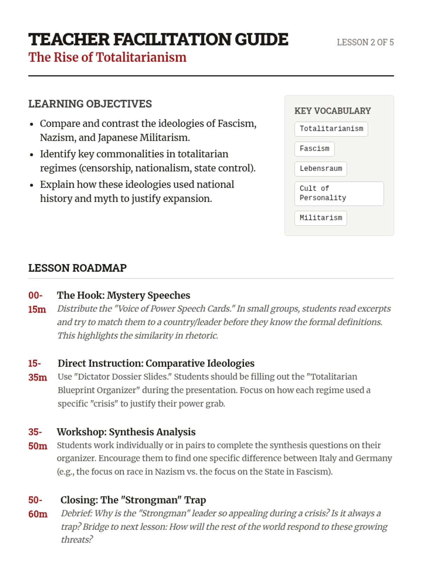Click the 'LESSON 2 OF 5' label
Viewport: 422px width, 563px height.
365,42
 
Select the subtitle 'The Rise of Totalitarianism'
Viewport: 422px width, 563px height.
107,57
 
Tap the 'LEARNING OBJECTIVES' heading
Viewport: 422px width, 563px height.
90,104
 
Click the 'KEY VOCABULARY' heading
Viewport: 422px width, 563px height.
332,111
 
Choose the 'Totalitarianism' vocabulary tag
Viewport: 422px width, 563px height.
331,129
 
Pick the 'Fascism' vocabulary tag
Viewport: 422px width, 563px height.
314,149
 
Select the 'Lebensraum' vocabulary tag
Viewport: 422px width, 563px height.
321,169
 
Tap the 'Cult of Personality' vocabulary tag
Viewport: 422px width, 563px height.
339,193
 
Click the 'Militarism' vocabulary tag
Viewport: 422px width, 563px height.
321,218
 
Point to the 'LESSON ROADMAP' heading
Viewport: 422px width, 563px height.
77,268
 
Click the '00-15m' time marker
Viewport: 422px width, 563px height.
37,302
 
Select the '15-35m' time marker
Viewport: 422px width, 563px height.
37,370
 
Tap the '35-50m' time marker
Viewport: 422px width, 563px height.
37,439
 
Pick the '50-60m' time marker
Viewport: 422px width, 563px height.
37,507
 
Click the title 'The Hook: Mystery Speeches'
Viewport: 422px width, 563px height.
123,295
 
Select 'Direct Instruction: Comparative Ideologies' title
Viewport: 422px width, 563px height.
156,363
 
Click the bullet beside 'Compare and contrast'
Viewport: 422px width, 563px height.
32,124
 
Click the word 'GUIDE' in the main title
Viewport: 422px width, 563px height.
261,39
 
